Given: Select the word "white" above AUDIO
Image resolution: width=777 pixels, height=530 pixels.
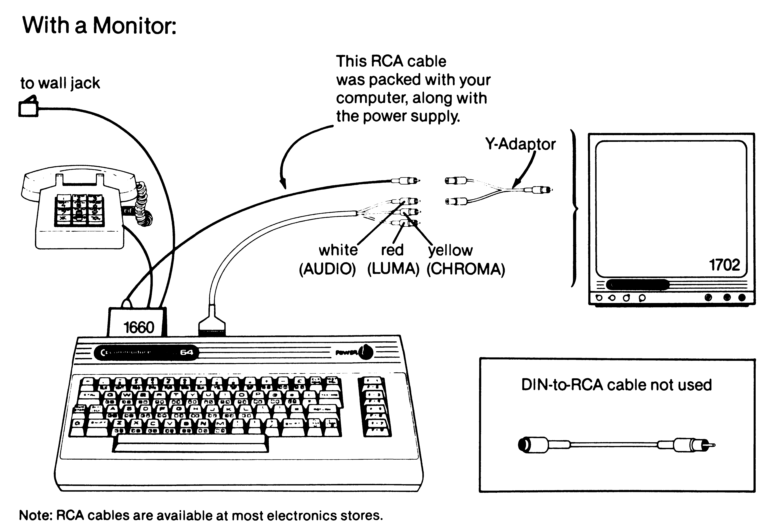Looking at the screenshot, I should (338, 250).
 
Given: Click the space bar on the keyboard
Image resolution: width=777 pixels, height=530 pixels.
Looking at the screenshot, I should (191, 443).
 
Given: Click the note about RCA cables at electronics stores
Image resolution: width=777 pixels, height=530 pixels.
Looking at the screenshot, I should (201, 515).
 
